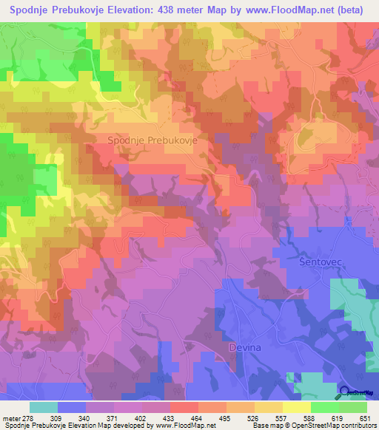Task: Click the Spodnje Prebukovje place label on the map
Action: pos(151,140)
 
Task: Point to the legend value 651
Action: pos(365,417)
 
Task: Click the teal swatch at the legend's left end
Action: pos(43,407)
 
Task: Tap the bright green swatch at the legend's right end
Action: pos(352,407)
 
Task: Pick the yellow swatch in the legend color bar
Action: pos(296,407)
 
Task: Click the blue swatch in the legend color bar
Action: pos(71,407)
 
